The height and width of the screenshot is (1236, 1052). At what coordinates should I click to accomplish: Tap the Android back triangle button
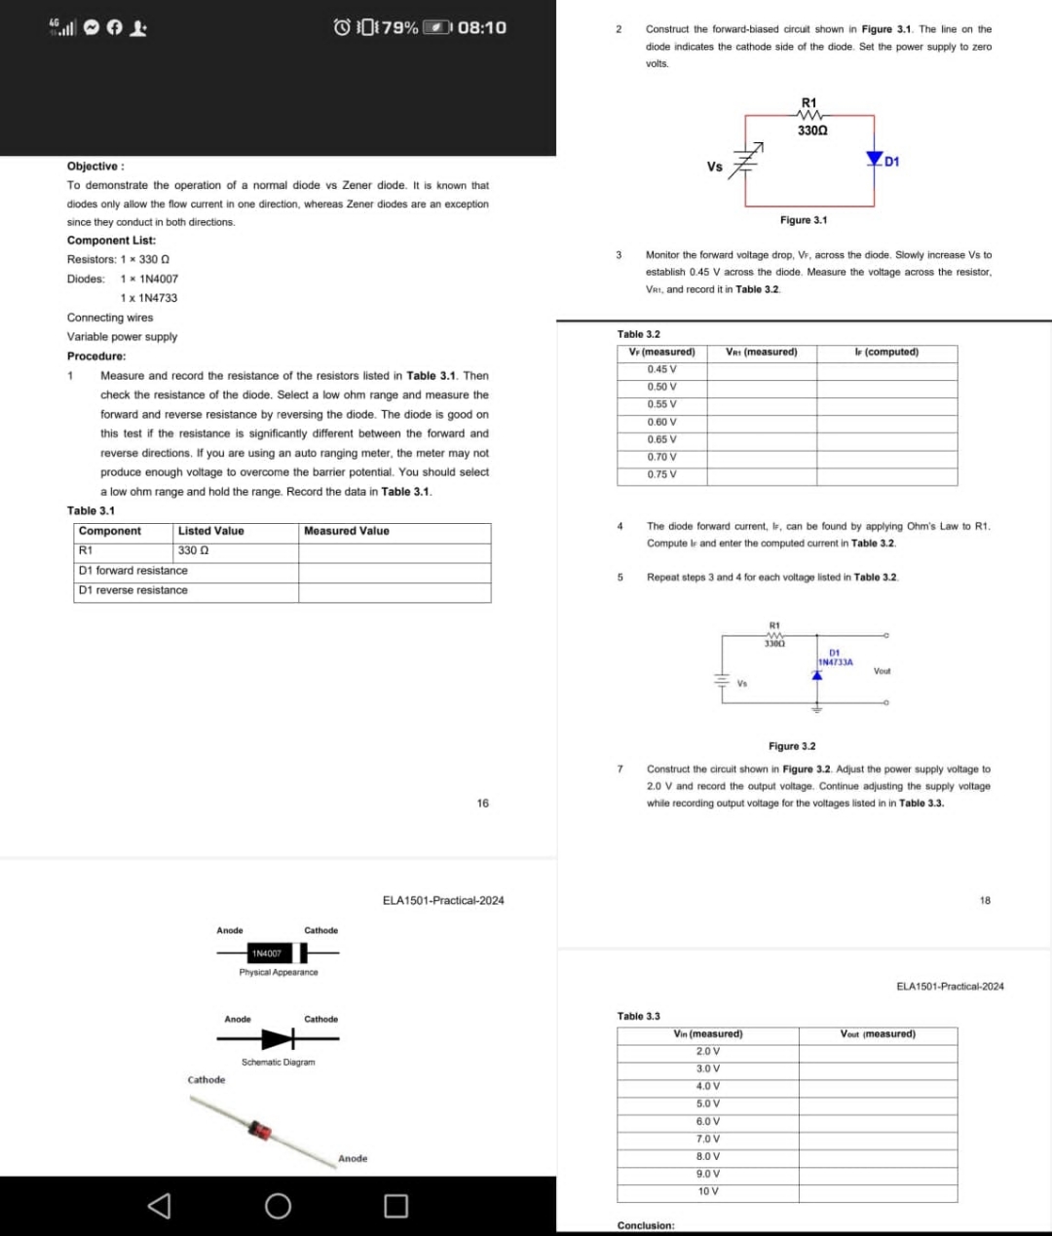coord(159,1206)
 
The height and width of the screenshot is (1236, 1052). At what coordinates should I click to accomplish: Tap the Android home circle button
coord(278,1206)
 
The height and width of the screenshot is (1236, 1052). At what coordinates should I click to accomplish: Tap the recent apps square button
coord(395,1206)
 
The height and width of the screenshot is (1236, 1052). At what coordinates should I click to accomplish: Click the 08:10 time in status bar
coord(481,27)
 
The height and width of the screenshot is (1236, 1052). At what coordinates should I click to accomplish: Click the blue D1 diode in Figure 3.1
coord(874,159)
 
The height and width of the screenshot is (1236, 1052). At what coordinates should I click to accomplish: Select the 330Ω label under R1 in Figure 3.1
coord(812,130)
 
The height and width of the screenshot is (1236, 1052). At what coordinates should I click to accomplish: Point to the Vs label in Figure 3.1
coord(714,167)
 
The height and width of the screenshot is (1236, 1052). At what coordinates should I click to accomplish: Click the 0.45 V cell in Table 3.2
coord(661,369)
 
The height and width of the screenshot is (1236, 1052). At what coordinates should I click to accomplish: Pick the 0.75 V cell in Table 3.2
coord(661,474)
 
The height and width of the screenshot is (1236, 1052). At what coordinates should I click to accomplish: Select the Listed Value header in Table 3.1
coord(210,531)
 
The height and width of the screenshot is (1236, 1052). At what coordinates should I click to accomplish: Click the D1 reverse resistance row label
coord(133,590)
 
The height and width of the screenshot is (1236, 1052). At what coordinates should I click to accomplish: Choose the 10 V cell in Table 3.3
coord(708,1191)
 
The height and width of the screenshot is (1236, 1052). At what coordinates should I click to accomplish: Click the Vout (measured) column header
coord(877,1033)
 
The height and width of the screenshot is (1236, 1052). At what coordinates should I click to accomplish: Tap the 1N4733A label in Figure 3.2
coord(835,662)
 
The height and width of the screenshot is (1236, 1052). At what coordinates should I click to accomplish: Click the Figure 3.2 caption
coord(791,746)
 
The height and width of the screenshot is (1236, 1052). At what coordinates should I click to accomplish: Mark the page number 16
coord(482,804)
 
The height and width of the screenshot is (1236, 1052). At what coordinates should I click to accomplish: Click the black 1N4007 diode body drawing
coord(266,953)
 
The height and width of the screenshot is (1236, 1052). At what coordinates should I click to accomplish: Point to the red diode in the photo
coord(260,1130)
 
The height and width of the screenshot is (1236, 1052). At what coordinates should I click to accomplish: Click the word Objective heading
coord(94,167)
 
